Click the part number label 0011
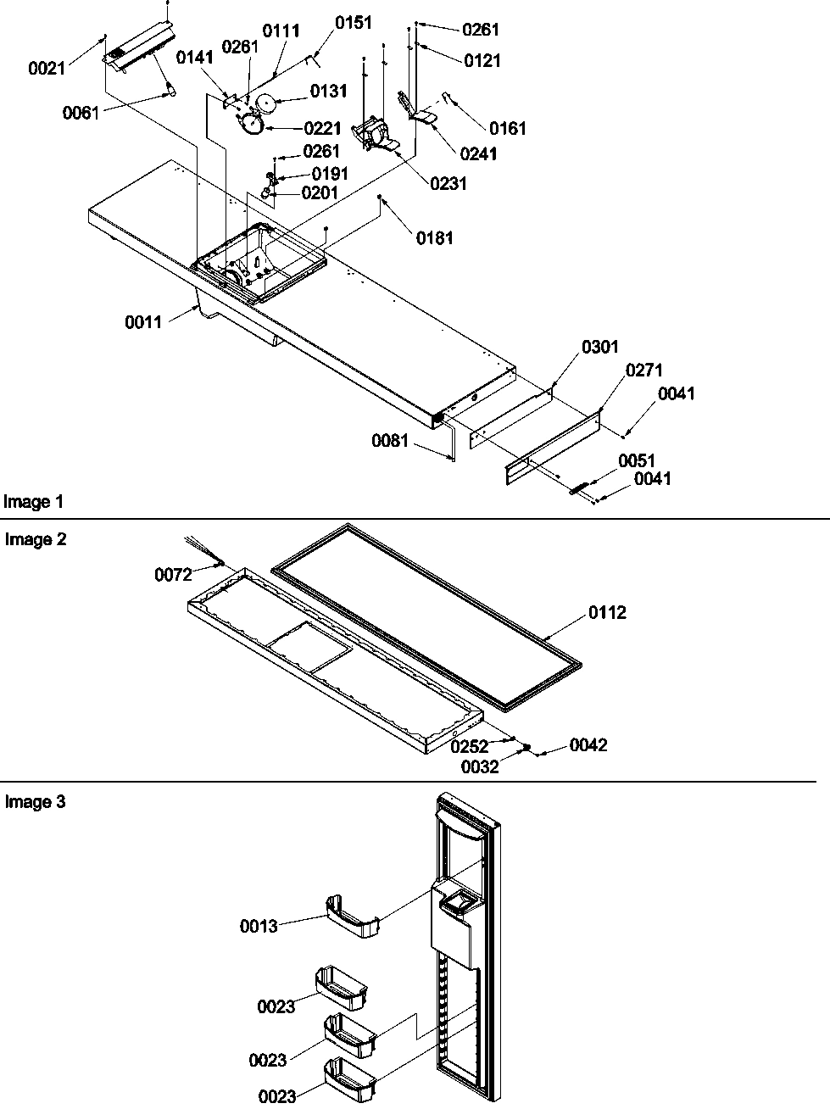click(x=143, y=322)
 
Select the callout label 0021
click(x=47, y=69)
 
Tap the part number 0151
click(x=353, y=23)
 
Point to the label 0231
click(x=448, y=183)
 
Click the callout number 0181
click(x=434, y=238)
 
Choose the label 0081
click(x=390, y=441)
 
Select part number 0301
click(x=599, y=347)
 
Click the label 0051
click(x=637, y=460)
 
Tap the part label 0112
click(x=608, y=612)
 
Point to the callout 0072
click(x=173, y=576)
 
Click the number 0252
click(x=469, y=747)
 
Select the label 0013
click(x=259, y=926)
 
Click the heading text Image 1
click(x=33, y=502)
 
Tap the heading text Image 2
click(x=35, y=539)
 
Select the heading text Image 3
click(x=35, y=802)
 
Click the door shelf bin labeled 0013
click(x=351, y=917)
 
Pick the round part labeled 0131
click(x=269, y=104)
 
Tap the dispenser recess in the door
click(x=456, y=906)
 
